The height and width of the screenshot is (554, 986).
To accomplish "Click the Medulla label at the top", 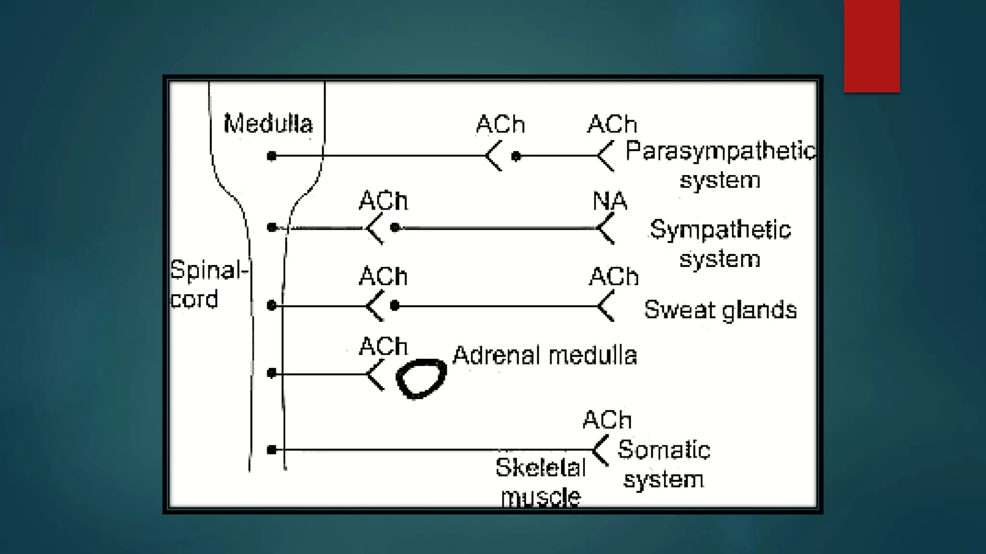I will point(268,124).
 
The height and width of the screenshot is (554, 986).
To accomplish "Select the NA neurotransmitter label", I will point(610,201).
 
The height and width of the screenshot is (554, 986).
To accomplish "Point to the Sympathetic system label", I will point(720,244).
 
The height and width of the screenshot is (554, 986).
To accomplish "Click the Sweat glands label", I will point(720,310).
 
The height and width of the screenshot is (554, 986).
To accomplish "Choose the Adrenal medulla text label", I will point(545,356).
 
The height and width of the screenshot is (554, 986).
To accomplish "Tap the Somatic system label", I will point(663,465).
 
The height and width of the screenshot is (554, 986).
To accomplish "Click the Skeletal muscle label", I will point(541,482).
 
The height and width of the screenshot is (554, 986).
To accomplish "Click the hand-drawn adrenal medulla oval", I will point(421,379).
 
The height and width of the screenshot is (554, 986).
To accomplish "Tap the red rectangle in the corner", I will point(871,46).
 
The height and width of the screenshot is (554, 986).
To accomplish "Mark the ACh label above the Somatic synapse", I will point(607,420).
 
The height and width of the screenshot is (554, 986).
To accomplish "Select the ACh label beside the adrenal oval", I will point(383,346).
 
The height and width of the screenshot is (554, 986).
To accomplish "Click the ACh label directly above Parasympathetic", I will point(612,125).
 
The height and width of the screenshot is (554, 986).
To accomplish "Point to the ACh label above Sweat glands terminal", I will point(614,277).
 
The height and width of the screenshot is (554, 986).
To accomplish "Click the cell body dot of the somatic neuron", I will point(272,450).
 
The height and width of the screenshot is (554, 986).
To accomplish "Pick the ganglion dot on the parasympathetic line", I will point(516,156).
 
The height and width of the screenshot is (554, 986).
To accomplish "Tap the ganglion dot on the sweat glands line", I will point(395,305).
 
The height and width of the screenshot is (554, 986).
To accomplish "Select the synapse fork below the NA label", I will point(605,228).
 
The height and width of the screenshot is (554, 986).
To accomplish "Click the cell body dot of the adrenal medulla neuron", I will point(272,373).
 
